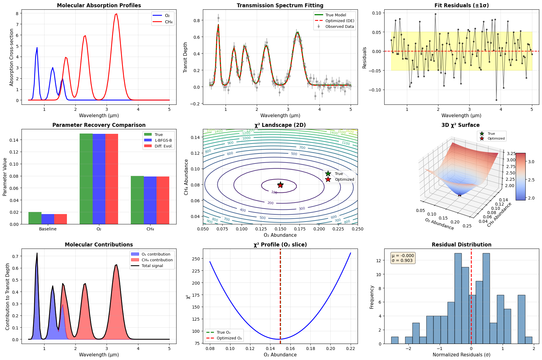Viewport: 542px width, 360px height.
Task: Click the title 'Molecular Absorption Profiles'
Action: [x=99, y=5]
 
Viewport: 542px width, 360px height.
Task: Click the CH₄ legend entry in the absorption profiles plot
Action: [x=169, y=22]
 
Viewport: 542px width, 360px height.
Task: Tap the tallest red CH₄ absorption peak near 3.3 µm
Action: [x=116, y=14]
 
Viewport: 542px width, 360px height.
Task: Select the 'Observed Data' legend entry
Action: [x=339, y=27]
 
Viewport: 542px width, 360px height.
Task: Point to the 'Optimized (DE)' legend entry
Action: [x=339, y=21]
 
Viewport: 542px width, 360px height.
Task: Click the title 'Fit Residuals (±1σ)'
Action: [x=461, y=5]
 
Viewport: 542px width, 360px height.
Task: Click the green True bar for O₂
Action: [x=86, y=179]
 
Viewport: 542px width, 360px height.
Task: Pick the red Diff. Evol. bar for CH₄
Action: [x=163, y=200]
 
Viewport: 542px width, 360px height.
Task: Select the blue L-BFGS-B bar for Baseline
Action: [x=48, y=219]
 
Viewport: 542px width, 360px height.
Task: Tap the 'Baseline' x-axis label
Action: [x=48, y=229]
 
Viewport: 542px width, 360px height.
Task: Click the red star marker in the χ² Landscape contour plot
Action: [x=280, y=185]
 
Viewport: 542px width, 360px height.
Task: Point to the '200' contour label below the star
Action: [x=270, y=203]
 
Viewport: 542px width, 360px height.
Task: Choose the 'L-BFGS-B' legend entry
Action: [x=163, y=140]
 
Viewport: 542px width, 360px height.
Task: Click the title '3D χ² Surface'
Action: [x=460, y=125]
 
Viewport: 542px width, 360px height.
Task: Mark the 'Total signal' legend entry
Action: [x=152, y=266]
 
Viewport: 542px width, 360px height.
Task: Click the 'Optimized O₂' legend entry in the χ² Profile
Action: [x=229, y=338]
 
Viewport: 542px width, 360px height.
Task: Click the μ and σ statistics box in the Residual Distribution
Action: [x=403, y=258]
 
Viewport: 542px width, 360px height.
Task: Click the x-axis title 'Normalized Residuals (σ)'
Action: [x=461, y=355]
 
